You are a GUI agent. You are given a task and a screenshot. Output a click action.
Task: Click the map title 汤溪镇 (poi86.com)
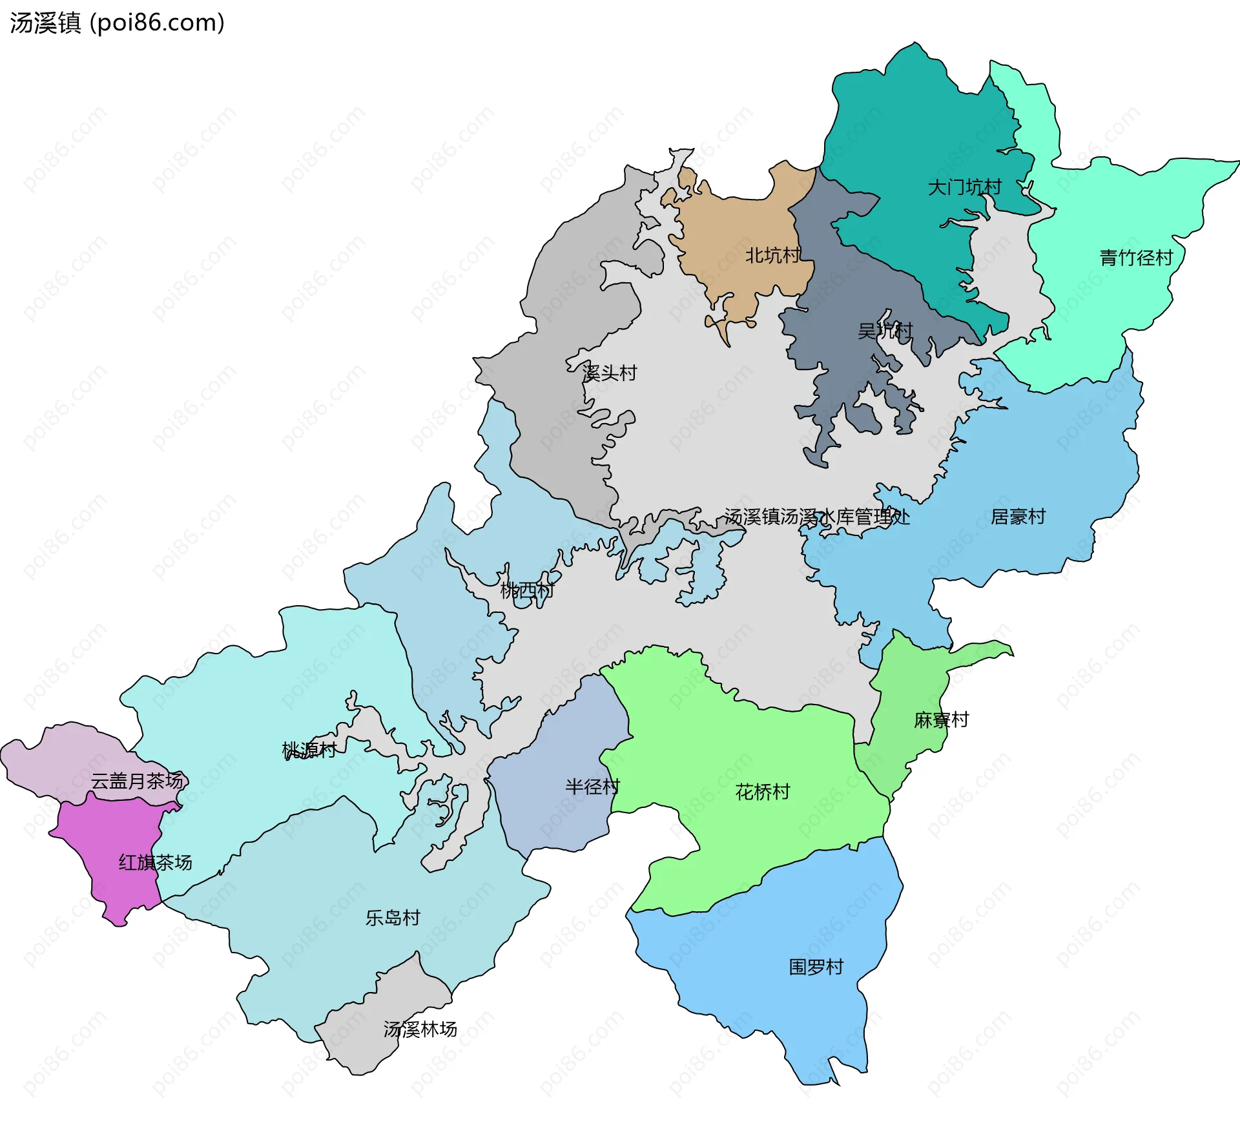pos(117,23)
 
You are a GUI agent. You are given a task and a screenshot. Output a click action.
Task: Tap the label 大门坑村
pos(964,188)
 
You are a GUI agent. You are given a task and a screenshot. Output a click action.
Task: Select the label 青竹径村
pos(1136,258)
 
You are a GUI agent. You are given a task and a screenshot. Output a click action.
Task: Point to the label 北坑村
pos(772,256)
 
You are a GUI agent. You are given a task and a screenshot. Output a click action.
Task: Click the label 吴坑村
pos(885,331)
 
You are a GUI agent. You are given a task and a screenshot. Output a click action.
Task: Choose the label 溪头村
pos(609,373)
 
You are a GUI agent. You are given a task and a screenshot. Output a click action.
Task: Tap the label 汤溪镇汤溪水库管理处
pos(817,517)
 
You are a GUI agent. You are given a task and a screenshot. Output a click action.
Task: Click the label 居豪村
pos(1018,517)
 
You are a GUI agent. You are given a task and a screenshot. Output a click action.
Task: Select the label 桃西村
pos(527,590)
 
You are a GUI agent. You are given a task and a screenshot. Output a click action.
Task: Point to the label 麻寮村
pos(942,720)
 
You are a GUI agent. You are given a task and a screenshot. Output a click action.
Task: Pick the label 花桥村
pos(763,792)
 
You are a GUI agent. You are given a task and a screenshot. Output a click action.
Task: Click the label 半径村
pos(592,787)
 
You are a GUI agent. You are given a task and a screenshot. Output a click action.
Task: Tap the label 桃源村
pos(309,750)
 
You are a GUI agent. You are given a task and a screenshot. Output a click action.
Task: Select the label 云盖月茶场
pos(137,781)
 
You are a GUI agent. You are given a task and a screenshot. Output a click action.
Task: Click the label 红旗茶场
pos(155,863)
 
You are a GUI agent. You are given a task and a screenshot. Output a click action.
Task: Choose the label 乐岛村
pos(393,918)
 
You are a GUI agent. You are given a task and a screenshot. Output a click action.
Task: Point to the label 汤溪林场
pos(420,1029)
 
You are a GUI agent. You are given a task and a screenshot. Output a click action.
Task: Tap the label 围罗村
pos(816,967)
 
